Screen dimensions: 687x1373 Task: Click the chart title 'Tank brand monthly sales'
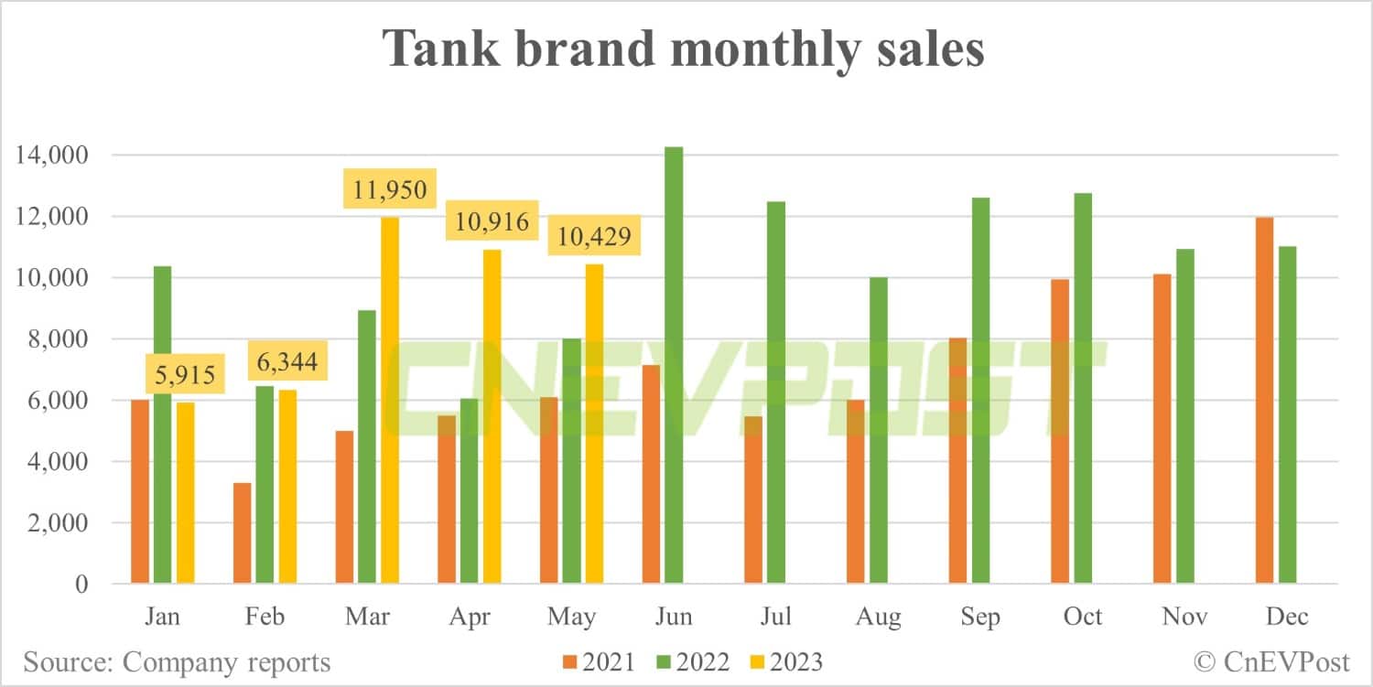684,48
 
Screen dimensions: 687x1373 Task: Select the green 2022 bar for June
673,366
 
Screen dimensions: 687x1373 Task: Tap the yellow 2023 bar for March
390,400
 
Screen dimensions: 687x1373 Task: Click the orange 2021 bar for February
243,532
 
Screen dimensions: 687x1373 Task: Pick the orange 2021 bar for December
1265,400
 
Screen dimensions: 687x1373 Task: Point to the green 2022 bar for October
1083,388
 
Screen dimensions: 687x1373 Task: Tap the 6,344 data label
286,363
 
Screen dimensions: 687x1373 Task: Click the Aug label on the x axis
878,617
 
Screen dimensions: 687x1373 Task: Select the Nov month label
1184,617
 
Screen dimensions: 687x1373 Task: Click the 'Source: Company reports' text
177,661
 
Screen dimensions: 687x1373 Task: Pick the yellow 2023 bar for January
185,493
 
